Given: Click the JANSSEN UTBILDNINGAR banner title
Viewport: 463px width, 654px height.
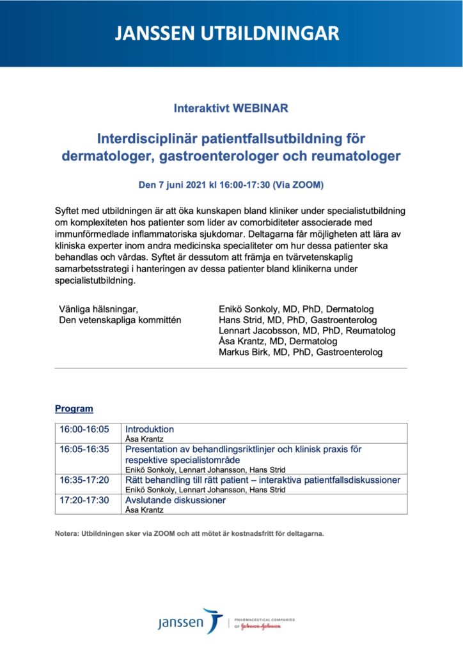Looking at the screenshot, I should [x=231, y=33].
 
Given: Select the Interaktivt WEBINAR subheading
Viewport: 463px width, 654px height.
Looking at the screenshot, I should [x=231, y=109].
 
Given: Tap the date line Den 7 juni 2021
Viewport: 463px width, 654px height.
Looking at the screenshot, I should [x=231, y=185].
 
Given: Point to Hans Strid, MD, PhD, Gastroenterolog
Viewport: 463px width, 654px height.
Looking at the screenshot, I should [x=297, y=320].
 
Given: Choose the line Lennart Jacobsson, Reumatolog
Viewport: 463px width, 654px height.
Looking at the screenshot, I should [x=307, y=331].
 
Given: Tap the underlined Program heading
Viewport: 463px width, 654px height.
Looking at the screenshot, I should [x=74, y=409].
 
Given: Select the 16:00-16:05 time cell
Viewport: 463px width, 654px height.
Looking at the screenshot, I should [x=84, y=429].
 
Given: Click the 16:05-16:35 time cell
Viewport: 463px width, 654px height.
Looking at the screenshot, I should [x=84, y=449].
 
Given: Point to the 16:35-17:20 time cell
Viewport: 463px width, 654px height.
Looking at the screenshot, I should [x=84, y=480].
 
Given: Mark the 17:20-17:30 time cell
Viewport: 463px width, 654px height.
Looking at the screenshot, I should [x=84, y=500].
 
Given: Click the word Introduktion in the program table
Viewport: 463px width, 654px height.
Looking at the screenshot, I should [x=150, y=429].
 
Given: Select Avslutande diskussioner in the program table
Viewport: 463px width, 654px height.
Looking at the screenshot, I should [x=175, y=500].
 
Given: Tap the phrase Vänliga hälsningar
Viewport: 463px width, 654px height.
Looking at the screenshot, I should [x=98, y=309].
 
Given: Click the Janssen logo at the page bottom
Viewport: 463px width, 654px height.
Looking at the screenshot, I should [x=191, y=621].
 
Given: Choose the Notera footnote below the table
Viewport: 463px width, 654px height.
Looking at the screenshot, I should [x=189, y=533].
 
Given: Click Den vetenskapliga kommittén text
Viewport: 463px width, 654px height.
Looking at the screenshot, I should [x=120, y=320].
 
